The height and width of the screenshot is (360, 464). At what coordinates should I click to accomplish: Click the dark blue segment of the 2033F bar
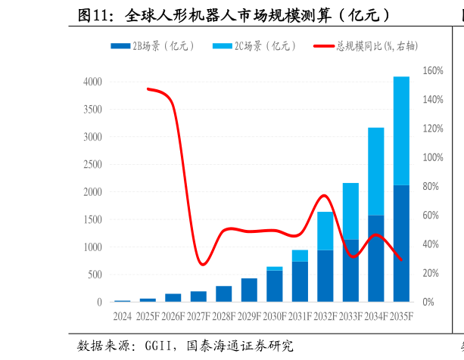click(x=350, y=271)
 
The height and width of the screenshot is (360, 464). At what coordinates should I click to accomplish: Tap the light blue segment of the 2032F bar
click(x=325, y=231)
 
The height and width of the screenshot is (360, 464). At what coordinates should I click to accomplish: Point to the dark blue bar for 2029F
click(x=249, y=290)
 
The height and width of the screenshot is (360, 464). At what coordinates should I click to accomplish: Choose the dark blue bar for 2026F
click(x=173, y=298)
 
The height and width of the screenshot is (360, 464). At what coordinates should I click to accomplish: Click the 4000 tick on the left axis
click(x=92, y=82)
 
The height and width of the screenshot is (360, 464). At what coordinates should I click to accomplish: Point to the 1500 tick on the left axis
click(x=92, y=219)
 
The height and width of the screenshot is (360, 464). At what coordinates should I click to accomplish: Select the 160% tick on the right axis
click(x=432, y=71)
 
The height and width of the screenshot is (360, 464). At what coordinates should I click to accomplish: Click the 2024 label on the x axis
click(x=122, y=316)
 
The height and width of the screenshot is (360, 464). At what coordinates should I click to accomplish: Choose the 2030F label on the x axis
click(x=274, y=316)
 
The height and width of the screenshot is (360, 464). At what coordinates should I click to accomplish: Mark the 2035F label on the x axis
click(x=401, y=316)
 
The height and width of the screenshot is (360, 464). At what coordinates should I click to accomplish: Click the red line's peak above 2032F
click(x=324, y=195)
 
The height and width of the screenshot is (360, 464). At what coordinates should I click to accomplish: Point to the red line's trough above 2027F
click(x=201, y=264)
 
